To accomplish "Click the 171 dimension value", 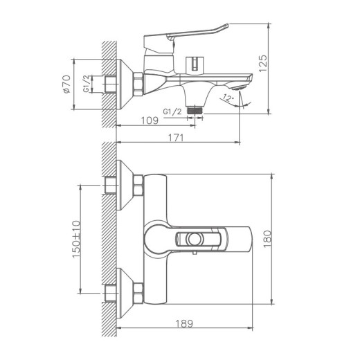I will point(177,138).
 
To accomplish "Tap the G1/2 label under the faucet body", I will point(172,111).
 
